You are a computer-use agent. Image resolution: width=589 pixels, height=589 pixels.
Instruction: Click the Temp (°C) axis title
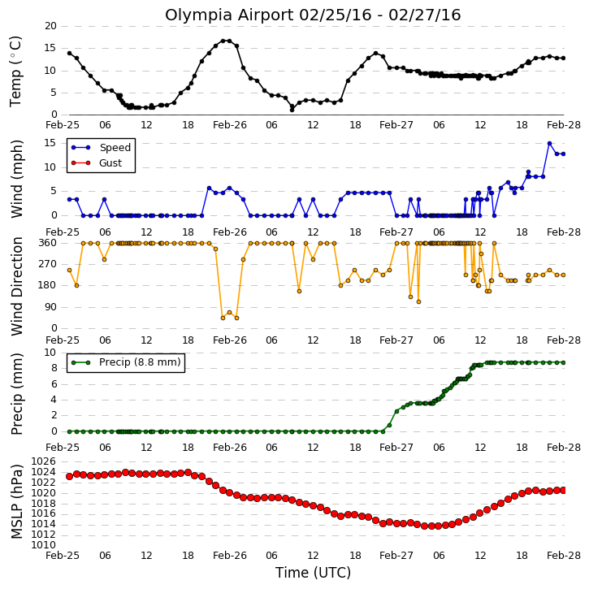click(15, 71)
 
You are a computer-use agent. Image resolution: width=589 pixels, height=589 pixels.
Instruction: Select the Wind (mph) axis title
click(16, 179)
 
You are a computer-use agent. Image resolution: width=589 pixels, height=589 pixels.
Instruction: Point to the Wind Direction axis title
click(16, 287)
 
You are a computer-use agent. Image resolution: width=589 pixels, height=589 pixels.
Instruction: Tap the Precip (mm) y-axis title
click(16, 394)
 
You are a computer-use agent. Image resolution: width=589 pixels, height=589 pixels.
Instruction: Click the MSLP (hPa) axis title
click(16, 502)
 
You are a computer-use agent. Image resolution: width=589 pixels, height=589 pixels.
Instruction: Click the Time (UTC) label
click(313, 573)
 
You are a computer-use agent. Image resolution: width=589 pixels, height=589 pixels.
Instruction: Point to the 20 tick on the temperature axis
click(50, 26)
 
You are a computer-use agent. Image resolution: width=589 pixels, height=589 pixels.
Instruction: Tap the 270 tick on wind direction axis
click(48, 264)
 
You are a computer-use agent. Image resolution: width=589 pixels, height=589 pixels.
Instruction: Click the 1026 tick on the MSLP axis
click(44, 461)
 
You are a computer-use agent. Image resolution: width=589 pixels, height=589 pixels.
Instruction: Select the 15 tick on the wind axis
click(50, 143)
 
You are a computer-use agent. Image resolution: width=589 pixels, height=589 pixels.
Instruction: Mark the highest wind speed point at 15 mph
click(549, 144)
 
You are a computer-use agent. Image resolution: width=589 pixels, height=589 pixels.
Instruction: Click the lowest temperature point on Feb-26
click(292, 110)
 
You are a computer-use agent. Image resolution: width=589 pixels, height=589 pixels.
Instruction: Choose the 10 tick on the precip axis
click(50, 353)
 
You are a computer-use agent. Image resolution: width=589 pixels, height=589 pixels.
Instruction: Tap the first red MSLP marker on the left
click(69, 476)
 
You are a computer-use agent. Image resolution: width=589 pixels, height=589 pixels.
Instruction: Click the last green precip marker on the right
click(563, 362)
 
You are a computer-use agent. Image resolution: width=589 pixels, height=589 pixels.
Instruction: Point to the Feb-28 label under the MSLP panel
click(564, 555)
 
